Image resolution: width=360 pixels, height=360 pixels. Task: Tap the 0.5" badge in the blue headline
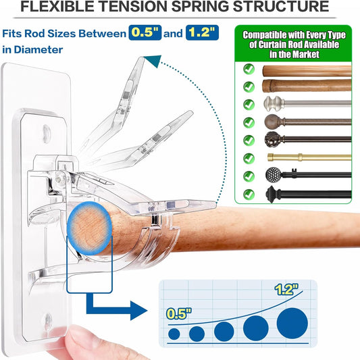[145, 32]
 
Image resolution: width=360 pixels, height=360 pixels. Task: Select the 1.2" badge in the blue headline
[202, 32]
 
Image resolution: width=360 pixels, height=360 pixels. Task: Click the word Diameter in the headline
[38, 50]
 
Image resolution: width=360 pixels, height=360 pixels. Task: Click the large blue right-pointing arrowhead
[138, 311]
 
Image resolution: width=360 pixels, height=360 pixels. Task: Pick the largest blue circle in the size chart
[292, 324]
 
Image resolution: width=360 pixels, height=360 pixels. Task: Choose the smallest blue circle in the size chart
[174, 334]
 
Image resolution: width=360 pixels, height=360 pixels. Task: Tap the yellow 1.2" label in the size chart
[286, 289]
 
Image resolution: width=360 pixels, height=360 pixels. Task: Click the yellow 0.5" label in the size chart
[179, 313]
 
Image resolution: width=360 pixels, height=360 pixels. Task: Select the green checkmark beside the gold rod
[249, 159]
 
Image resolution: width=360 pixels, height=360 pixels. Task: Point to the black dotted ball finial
[274, 175]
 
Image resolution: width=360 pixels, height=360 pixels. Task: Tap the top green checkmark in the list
[249, 69]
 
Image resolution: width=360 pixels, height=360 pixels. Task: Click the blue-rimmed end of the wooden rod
[90, 228]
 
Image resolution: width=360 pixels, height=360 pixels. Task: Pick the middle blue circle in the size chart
[224, 332]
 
